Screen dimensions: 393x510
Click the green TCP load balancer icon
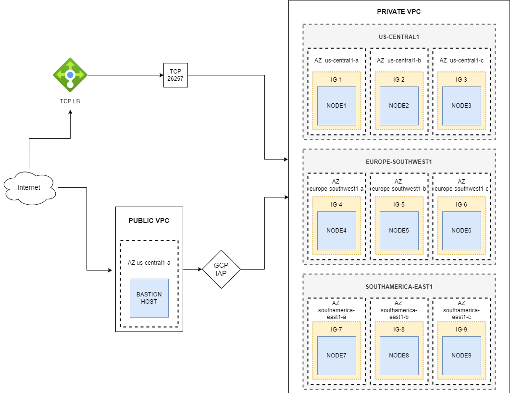[x=70, y=74]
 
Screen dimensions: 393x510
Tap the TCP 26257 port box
[x=175, y=75]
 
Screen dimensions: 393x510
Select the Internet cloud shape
[x=29, y=187]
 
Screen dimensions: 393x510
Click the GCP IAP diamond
[x=221, y=269]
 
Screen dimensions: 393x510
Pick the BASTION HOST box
[x=149, y=298]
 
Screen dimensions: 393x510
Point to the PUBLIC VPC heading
[x=149, y=221]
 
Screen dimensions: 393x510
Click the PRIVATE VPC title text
[x=399, y=12]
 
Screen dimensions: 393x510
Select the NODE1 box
[x=336, y=106]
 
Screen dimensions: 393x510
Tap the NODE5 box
[x=399, y=231]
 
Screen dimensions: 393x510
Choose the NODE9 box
[x=461, y=356]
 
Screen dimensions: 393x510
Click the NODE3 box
[x=461, y=106]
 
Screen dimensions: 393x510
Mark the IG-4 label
[x=336, y=205]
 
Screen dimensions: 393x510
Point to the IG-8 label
[x=399, y=330]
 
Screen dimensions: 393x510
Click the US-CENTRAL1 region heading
[x=399, y=37]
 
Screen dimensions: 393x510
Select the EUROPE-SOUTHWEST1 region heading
[x=399, y=161]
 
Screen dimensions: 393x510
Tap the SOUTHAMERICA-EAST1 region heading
[x=399, y=286]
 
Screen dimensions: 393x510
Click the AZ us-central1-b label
[x=399, y=61]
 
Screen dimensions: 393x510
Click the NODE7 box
[x=336, y=356]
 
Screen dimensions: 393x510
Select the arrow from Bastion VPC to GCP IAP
[x=192, y=269]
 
